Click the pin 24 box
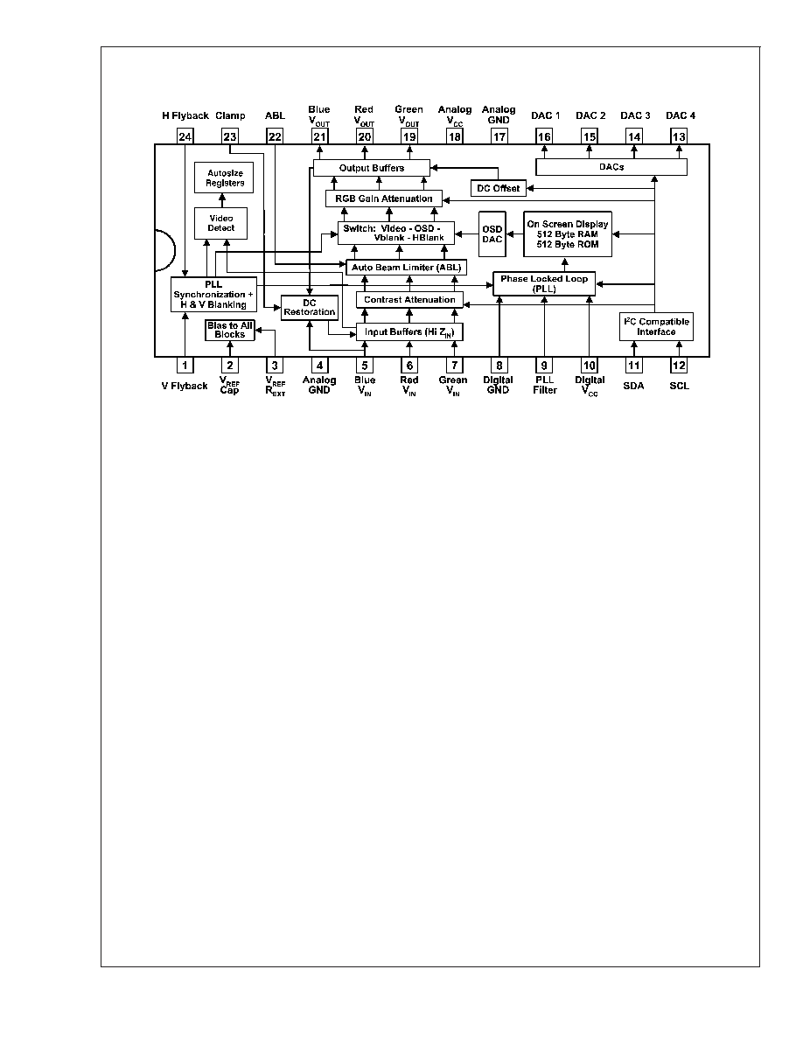(185, 136)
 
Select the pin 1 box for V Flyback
(185, 365)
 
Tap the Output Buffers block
(371, 168)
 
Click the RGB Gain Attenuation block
(384, 199)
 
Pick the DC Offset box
(499, 188)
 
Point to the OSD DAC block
(492, 234)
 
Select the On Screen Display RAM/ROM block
(568, 234)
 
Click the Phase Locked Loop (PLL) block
(544, 283)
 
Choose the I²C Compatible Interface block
(656, 327)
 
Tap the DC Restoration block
(310, 308)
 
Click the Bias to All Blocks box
(230, 330)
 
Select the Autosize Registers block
(224, 178)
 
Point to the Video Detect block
(220, 223)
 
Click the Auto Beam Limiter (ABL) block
(406, 267)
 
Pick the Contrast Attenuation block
(409, 299)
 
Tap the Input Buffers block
(409, 332)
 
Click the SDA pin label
(633, 386)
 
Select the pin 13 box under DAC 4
(679, 136)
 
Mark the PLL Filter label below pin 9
(545, 385)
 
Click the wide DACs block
(611, 167)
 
